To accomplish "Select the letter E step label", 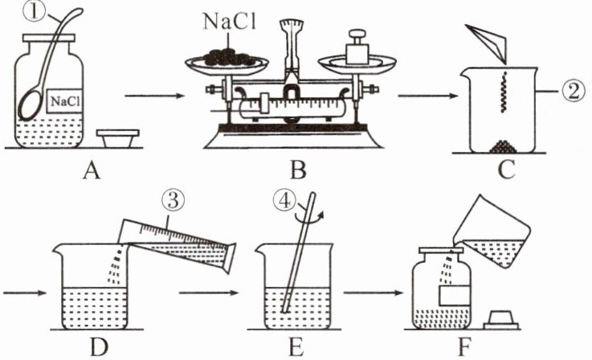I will pos(303,349).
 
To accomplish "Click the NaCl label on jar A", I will pos(62,101).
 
